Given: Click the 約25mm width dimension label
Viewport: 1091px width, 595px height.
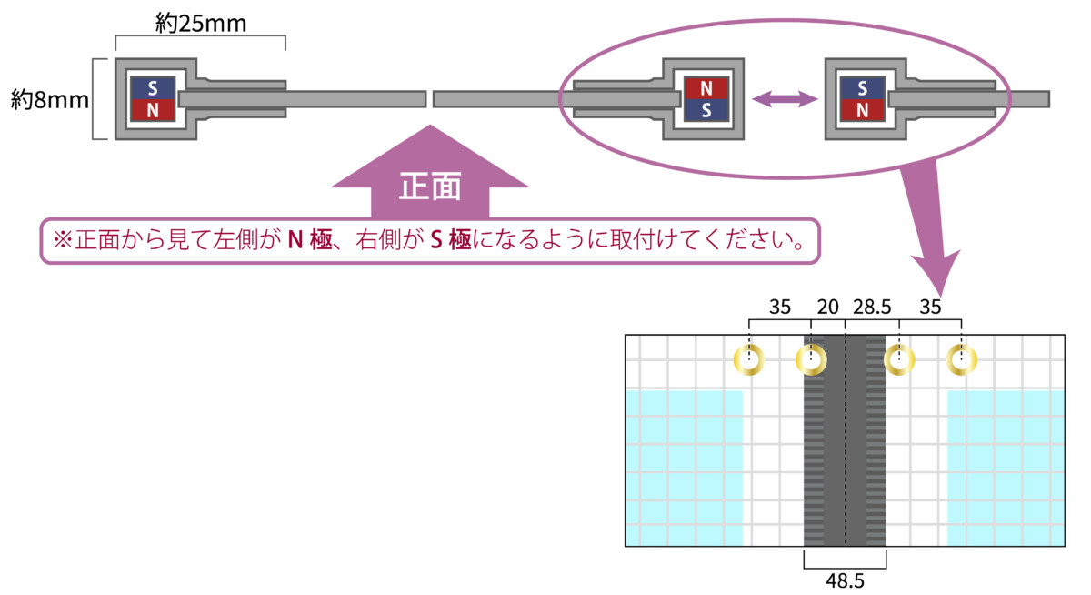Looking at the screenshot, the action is (x=201, y=23).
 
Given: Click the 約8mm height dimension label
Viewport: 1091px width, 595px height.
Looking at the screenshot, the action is (x=50, y=99).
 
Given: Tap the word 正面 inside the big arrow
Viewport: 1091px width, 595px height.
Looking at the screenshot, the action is (x=429, y=187).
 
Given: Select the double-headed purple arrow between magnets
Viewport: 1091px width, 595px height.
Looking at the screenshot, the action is (x=785, y=99).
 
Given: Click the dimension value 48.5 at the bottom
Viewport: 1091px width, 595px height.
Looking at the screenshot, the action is (x=845, y=580).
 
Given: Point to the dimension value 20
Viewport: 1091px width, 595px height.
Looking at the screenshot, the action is (x=827, y=307).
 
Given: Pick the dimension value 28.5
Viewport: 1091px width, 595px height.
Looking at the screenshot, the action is (x=872, y=307).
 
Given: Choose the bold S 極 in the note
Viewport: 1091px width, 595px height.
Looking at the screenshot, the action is (x=451, y=240).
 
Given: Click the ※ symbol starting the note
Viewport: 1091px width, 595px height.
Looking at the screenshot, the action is (x=63, y=240).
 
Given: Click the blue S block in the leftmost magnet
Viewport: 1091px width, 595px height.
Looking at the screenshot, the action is (x=153, y=88).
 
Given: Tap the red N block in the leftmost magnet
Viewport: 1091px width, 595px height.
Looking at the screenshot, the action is (x=153, y=110).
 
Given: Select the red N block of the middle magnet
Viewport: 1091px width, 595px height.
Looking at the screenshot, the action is (x=706, y=88).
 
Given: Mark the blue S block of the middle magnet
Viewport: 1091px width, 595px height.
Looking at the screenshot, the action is (x=706, y=110).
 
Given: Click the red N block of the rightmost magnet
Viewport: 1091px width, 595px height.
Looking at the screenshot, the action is (x=863, y=110).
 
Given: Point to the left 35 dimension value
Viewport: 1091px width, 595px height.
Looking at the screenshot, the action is (x=780, y=307).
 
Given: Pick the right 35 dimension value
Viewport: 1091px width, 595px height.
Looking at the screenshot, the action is (x=930, y=307).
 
